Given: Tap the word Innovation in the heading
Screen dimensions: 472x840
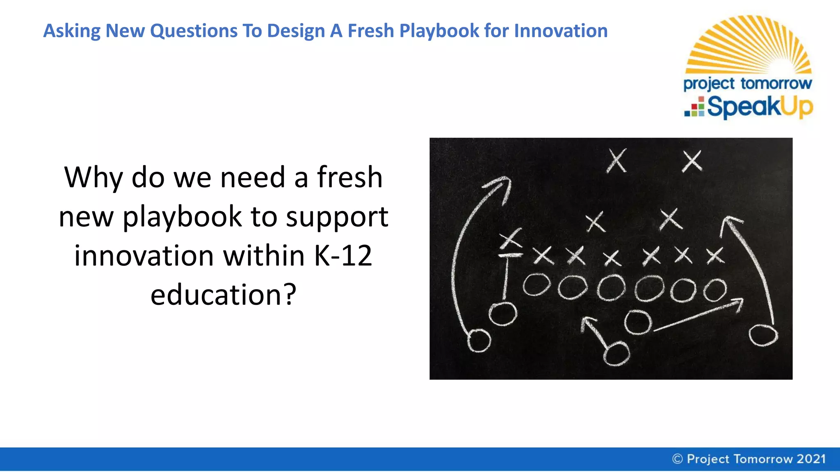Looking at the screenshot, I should [x=561, y=31].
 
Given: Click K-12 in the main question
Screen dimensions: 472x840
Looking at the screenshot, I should [x=343, y=256].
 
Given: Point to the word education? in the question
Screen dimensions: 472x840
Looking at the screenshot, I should [x=223, y=295].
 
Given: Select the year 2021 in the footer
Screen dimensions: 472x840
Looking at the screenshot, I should [x=811, y=459].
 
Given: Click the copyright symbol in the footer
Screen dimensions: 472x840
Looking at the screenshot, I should [x=678, y=459].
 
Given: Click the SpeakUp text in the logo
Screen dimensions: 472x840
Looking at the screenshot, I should [x=760, y=107].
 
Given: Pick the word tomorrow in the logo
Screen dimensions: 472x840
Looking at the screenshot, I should [x=776, y=84].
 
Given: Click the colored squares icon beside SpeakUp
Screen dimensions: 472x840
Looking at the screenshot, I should [x=694, y=107].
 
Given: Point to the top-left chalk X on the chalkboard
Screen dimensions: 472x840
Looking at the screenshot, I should [x=616, y=160].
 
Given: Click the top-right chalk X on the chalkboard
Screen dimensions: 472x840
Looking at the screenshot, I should [x=692, y=160].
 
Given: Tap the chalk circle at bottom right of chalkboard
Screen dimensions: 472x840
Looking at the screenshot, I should [x=763, y=336].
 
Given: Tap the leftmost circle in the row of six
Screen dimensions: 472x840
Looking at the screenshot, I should [x=536, y=285].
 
